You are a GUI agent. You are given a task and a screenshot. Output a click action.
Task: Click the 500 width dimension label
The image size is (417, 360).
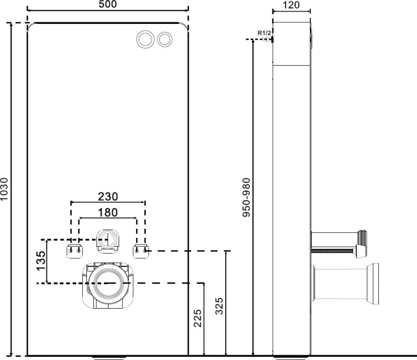107,4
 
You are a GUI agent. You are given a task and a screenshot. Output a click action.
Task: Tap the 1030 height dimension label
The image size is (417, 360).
5,189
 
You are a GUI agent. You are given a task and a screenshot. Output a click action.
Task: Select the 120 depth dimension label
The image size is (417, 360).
291,5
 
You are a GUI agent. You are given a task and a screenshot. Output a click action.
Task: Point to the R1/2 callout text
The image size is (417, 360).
264,33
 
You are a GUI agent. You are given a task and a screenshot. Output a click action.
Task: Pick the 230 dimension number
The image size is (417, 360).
108,196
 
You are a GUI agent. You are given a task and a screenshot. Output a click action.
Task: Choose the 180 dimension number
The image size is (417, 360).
108,212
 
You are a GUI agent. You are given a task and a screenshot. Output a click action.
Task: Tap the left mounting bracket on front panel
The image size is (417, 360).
74,249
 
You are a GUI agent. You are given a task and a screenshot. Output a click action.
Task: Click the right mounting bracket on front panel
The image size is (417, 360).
141,249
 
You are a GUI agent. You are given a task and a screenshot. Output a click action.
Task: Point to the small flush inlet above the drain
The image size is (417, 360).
108,239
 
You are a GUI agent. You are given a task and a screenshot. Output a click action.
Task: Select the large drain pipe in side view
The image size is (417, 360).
347,284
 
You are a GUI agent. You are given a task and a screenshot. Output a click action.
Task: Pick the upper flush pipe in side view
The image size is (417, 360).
339,237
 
